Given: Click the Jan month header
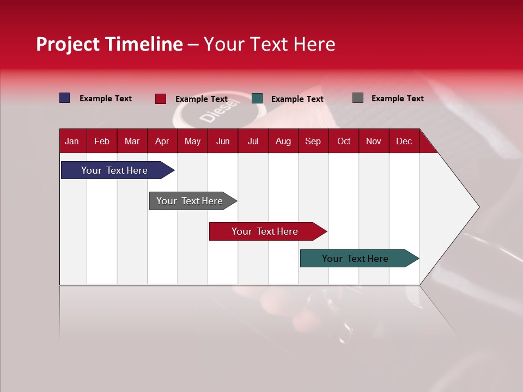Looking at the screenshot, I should [72, 141].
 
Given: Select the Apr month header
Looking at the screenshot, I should [162, 141].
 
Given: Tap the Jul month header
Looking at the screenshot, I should [253, 141].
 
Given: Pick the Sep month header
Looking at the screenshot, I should [313, 141].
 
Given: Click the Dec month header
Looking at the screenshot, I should [404, 141].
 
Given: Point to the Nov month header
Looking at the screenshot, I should [373, 141].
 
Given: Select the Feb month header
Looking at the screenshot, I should [102, 141].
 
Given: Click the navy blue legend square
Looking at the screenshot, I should [65, 98].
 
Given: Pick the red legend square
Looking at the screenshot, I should [161, 99].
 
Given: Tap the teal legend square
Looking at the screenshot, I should [257, 99].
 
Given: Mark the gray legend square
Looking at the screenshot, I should [358, 98].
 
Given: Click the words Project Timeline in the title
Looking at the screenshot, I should [110, 44].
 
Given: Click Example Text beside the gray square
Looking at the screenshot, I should [397, 99].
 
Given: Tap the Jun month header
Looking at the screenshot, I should [223, 141].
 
